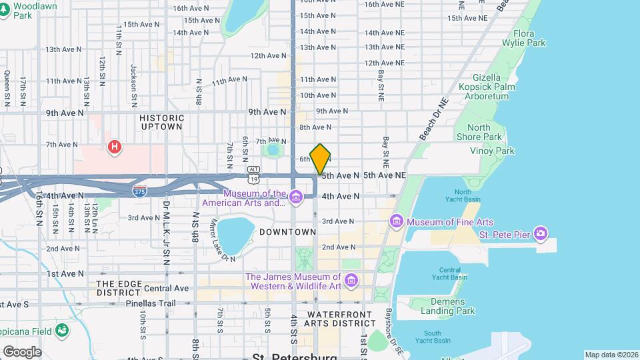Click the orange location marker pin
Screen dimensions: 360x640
320,159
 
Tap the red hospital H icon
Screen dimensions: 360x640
115,146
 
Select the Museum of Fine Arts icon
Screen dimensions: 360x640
397,221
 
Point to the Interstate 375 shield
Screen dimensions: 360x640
139,191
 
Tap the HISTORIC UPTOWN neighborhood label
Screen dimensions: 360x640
161,121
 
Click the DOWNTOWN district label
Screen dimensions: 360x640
287,232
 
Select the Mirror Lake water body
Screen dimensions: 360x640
235,233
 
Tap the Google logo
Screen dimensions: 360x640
22,351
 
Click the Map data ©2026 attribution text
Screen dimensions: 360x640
611,355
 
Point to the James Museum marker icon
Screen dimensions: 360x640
351,281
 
